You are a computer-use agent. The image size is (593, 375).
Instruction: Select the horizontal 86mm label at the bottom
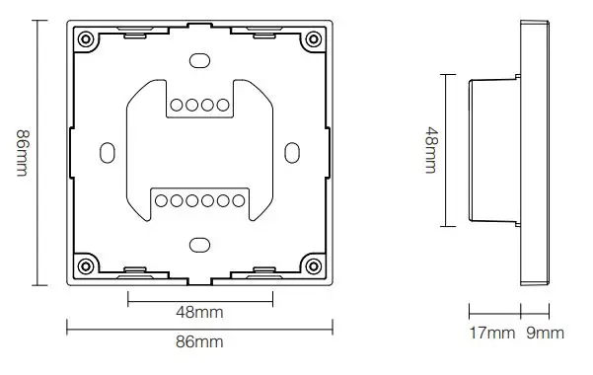pos(198,341)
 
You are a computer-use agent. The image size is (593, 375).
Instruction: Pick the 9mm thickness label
pos(547,333)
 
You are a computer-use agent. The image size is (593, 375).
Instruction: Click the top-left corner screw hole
pos(86,39)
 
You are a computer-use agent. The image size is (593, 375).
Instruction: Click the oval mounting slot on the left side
pos(107,153)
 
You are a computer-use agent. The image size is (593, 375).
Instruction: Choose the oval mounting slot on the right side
pos(291,153)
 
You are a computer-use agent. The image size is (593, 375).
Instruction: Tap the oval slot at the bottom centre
pos(198,243)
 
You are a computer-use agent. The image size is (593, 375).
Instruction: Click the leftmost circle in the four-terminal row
pos(176,105)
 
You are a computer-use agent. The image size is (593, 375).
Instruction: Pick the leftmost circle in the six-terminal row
pos(163,200)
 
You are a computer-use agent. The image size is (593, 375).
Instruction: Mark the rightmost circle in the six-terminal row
pos(236,200)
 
